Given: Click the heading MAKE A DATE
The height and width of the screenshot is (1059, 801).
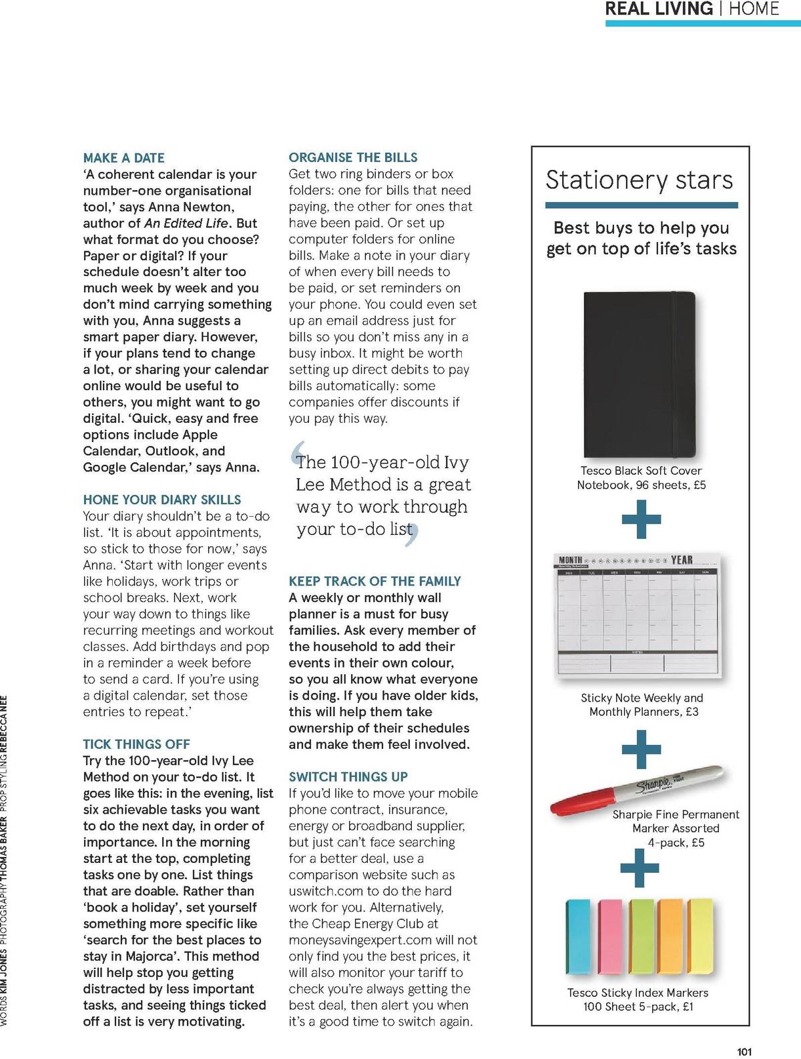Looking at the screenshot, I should [x=123, y=158].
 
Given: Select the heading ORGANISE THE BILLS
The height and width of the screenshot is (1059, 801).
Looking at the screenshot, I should [x=352, y=157].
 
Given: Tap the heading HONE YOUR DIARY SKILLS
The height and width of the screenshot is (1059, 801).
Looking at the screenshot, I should [x=162, y=499].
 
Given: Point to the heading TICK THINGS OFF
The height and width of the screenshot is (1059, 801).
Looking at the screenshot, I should [x=136, y=744].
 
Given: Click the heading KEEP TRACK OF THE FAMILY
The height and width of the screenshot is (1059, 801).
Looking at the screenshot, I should [x=374, y=582].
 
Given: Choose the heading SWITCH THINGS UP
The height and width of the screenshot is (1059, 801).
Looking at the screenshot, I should [x=348, y=777].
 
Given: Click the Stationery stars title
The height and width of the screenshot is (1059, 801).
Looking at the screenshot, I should [x=639, y=180].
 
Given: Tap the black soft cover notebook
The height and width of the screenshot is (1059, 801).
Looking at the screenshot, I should [x=639, y=373].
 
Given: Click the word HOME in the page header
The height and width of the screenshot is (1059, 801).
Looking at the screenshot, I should [x=754, y=9].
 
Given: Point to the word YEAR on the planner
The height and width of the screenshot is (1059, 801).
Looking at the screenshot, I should [x=682, y=560].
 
